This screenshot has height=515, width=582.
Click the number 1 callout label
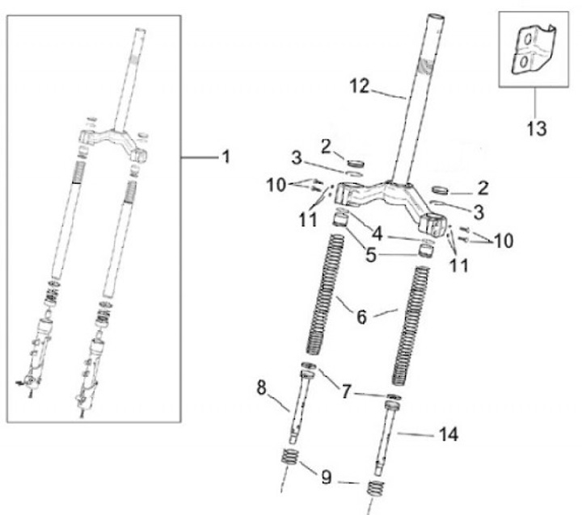(225, 157)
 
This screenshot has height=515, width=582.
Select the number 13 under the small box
(535, 128)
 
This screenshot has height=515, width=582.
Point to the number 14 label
(449, 434)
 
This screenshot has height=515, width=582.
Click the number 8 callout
(261, 387)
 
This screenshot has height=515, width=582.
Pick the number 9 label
(326, 478)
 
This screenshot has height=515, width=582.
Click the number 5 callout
(370, 257)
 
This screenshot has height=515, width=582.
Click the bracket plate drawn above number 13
(530, 50)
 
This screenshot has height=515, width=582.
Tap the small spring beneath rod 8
(292, 463)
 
